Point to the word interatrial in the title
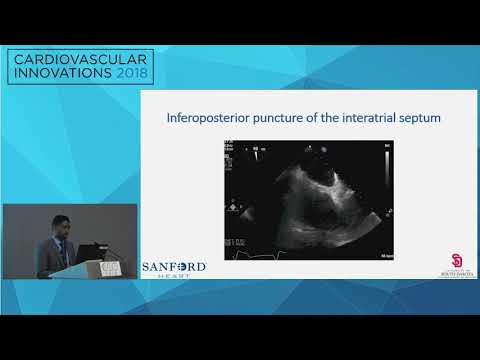tap(363, 118)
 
